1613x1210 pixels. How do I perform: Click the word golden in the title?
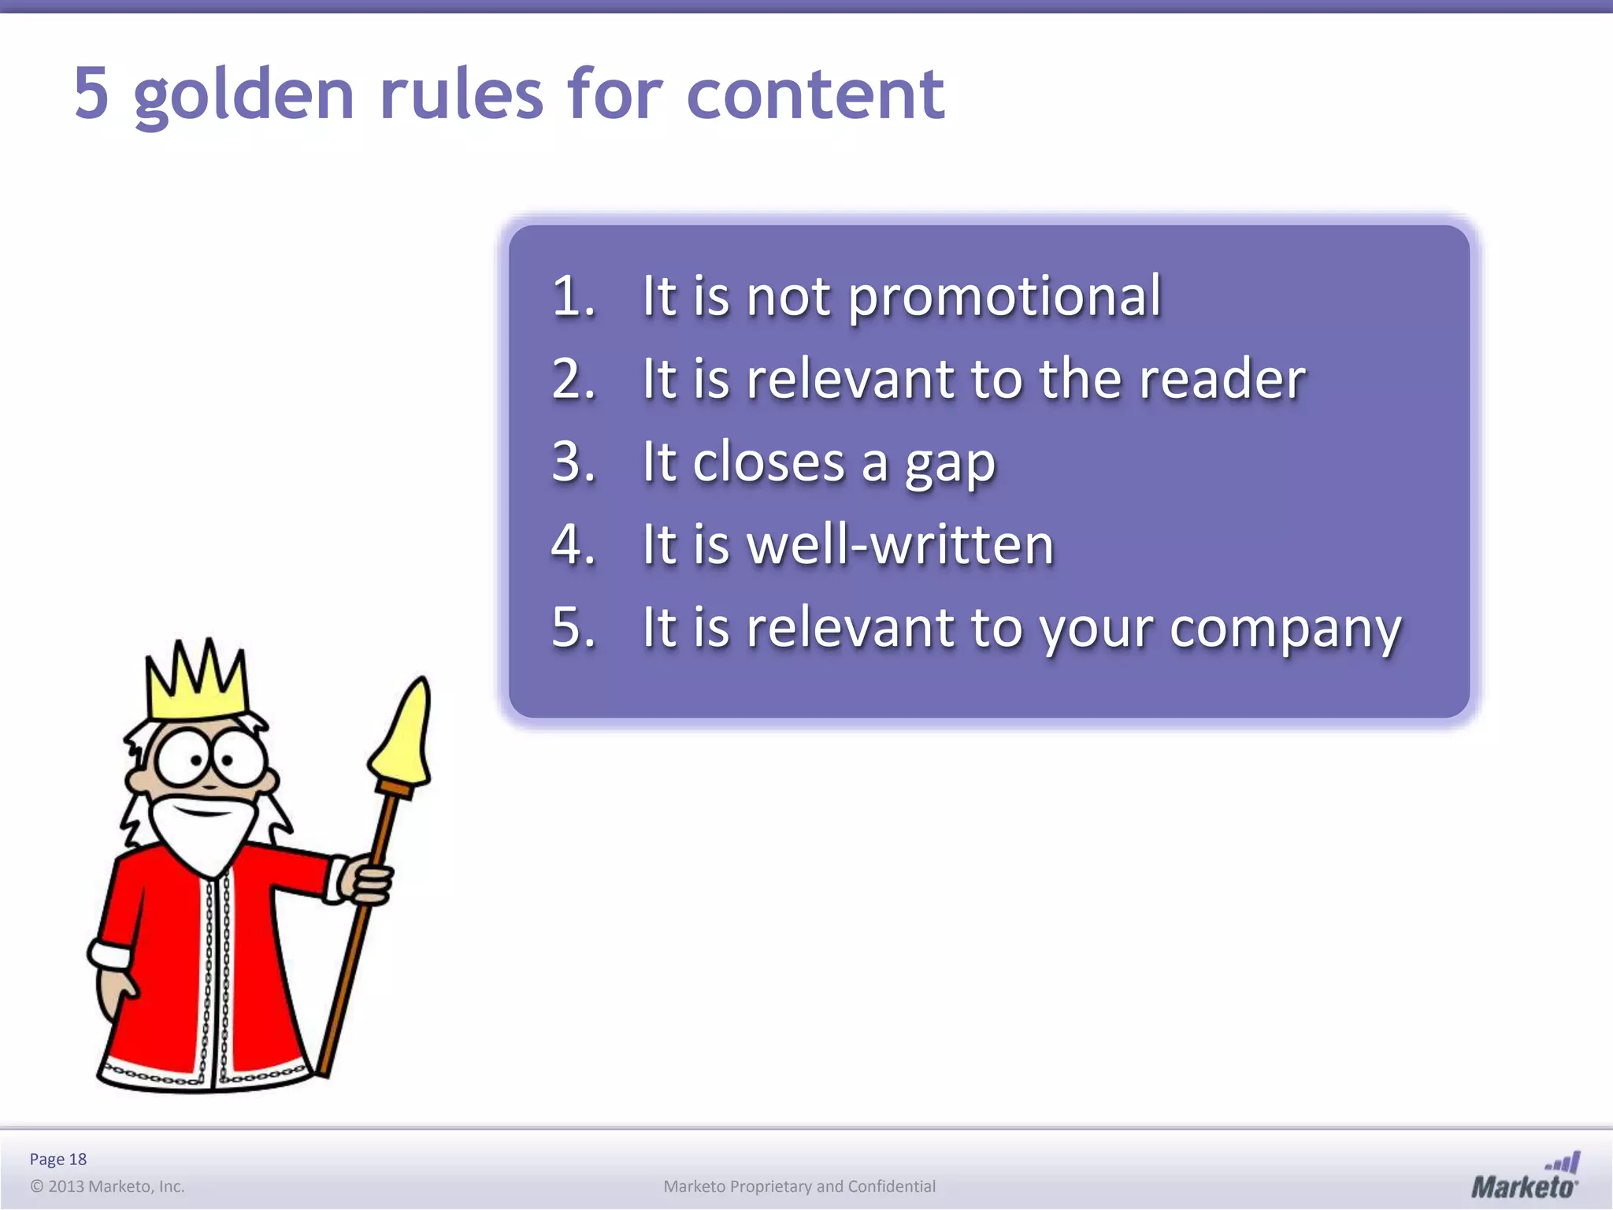pos(244,96)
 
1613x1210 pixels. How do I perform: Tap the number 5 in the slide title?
pos(91,94)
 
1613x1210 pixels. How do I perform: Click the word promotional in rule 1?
pos(1004,298)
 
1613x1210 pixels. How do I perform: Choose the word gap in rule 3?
pos(950,465)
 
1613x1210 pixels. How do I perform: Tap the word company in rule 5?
pos(1285,630)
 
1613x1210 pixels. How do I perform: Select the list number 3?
pos(573,462)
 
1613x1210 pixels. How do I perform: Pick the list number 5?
pos(573,627)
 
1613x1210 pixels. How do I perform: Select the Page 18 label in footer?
pos(58,1159)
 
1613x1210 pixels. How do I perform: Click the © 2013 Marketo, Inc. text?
pos(107,1186)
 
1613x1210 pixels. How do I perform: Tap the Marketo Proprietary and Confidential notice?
pos(799,1186)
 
